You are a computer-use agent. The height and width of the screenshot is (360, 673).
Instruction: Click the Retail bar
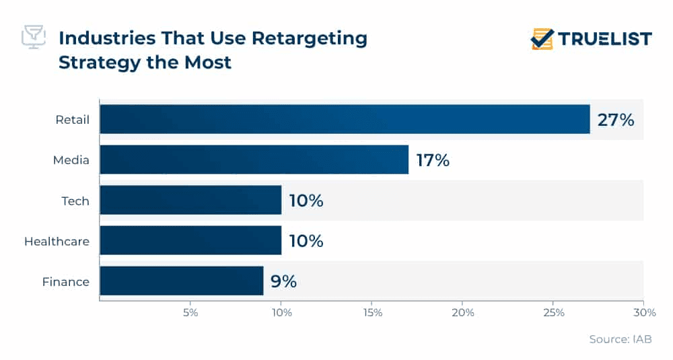point(345,119)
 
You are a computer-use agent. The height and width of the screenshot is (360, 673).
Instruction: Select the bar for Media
point(254,159)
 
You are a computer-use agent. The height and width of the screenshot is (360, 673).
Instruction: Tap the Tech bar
point(190,200)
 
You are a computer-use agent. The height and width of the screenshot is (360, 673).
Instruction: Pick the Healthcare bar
point(190,240)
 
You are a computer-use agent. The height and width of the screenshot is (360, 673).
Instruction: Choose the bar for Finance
point(181,281)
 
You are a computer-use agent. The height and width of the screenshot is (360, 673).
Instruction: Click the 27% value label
point(616,120)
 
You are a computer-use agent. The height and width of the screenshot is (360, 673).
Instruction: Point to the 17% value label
point(432,160)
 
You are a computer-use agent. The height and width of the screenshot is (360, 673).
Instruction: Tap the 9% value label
point(283,281)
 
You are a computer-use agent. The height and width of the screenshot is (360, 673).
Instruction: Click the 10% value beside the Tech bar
point(306,201)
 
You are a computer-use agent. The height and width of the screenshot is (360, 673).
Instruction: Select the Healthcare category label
point(57,241)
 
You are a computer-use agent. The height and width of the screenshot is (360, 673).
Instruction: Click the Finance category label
point(65,281)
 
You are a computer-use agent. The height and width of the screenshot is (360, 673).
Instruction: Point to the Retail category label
point(73,120)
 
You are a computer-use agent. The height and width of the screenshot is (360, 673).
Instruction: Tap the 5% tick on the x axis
point(190,313)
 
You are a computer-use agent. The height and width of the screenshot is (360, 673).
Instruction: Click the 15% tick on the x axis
point(372,313)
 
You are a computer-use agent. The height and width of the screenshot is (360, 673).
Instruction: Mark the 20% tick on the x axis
point(463,313)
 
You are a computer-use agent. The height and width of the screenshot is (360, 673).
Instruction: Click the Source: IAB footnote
point(620,340)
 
